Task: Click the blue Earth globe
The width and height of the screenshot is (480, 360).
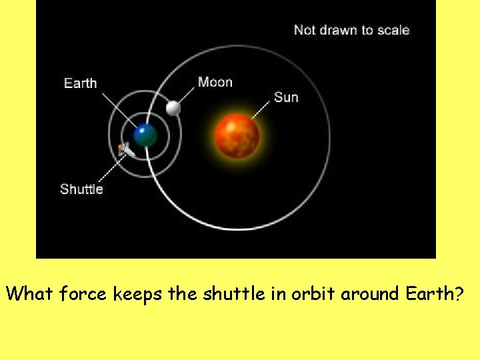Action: point(145,135)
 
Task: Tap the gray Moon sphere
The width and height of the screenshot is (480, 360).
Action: point(173,107)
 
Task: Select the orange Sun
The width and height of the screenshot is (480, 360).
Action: point(237,135)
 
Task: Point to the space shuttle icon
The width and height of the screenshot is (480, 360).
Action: point(125,150)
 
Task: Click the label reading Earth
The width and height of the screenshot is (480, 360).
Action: point(80,83)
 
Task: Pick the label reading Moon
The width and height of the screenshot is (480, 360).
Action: point(215,82)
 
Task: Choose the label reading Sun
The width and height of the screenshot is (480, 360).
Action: point(286,97)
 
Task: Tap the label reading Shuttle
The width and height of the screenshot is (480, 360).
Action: point(81,189)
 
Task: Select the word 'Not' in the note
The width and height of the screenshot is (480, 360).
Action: point(305,30)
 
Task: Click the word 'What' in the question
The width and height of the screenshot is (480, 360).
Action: point(30,294)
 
